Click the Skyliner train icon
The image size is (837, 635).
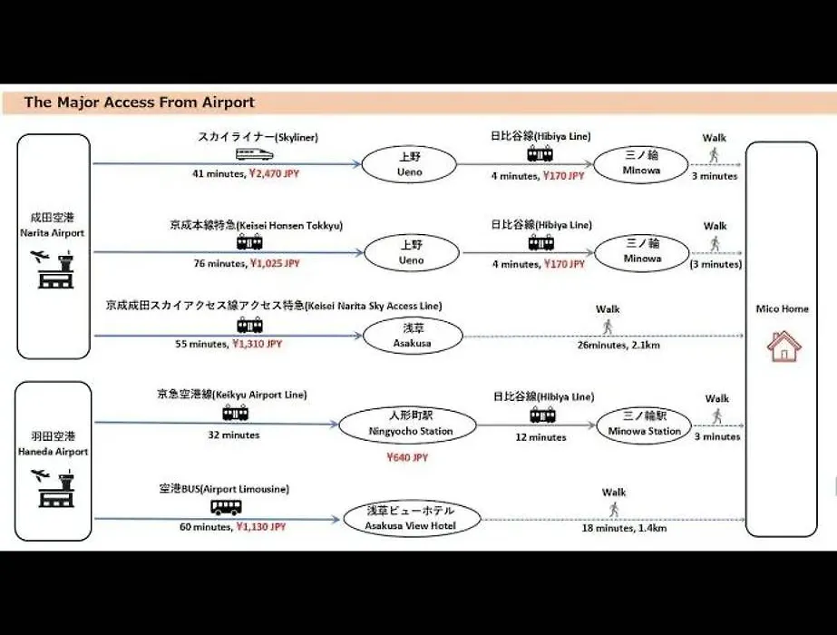[x=255, y=155]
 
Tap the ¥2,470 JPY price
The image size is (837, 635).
[x=275, y=173]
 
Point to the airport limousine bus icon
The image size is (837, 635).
[x=226, y=507]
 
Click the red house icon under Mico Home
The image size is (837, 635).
[x=783, y=346]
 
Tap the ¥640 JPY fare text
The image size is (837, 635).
[x=407, y=457]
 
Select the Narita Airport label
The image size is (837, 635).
[x=53, y=233]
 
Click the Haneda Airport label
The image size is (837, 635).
[x=53, y=451]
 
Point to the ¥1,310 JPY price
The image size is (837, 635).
[x=258, y=344]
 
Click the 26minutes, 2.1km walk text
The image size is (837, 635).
[x=618, y=345]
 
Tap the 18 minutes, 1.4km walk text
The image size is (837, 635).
[x=624, y=528]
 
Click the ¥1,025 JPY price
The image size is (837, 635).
[x=275, y=263]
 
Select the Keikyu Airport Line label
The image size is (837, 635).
[x=232, y=395]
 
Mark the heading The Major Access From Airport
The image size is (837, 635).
[x=140, y=102]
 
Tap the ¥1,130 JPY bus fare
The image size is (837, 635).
[x=261, y=526]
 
